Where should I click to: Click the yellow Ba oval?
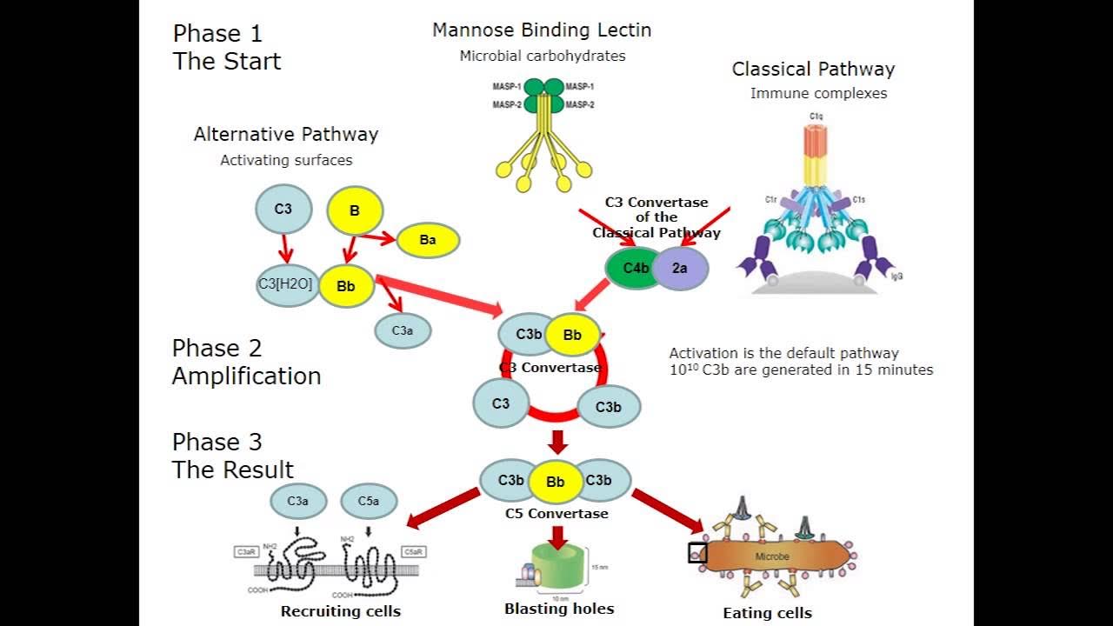(x=428, y=240)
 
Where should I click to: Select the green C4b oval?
(x=635, y=268)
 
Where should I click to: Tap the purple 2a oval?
(x=680, y=268)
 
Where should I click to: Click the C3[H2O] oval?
(x=285, y=284)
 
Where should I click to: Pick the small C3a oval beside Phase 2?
(x=403, y=330)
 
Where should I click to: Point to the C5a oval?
(x=369, y=501)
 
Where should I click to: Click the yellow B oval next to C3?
(x=355, y=210)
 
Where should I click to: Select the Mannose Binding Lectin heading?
(x=542, y=30)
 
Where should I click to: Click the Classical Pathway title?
(x=813, y=70)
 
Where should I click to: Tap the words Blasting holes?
(x=559, y=609)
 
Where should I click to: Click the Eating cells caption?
(x=767, y=613)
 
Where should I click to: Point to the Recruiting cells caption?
(x=341, y=611)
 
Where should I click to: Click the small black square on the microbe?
(x=697, y=553)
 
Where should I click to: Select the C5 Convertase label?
(x=556, y=514)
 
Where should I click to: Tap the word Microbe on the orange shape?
(x=772, y=556)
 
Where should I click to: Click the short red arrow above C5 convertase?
(x=558, y=442)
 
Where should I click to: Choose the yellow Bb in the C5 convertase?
(x=555, y=482)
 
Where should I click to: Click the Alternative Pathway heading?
(x=286, y=135)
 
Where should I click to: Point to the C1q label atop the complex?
(x=816, y=116)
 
